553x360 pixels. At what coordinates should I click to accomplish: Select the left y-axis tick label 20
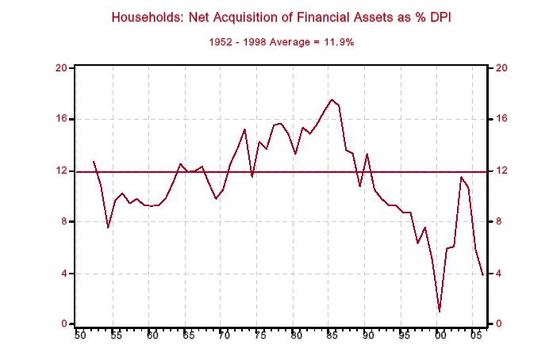click(60, 67)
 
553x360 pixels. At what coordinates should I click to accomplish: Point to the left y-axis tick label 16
click(60, 119)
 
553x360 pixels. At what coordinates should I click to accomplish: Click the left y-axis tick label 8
click(63, 222)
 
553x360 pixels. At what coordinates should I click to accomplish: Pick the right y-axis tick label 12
click(501, 170)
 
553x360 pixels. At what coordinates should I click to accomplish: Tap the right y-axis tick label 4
click(498, 274)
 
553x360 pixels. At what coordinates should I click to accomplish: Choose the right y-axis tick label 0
click(498, 324)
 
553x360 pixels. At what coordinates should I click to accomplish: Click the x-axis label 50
click(79, 336)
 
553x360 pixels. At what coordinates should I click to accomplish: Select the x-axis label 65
click(188, 336)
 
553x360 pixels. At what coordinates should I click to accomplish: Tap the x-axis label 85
click(332, 336)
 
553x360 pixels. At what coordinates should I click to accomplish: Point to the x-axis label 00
click(440, 336)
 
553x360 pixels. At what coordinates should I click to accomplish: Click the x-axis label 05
click(476, 336)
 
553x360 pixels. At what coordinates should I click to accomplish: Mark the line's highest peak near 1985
click(332, 100)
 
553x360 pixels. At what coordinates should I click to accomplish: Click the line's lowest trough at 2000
click(440, 312)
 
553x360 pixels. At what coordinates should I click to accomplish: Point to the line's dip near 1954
click(109, 228)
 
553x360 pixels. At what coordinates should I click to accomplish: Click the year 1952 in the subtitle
click(222, 42)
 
